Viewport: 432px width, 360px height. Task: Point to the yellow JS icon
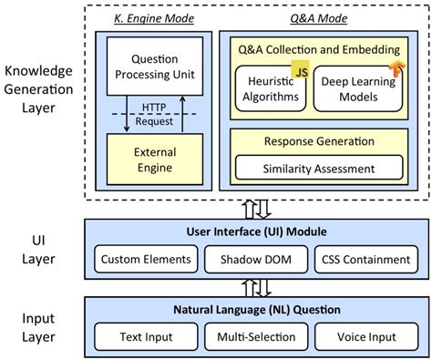coord(298,68)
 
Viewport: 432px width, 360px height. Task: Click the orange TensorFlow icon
coord(398,69)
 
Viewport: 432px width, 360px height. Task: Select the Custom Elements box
coord(148,259)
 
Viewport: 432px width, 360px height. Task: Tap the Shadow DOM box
coord(255,259)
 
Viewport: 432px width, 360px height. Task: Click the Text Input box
coord(148,337)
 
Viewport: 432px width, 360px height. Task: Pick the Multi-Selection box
coord(255,337)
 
